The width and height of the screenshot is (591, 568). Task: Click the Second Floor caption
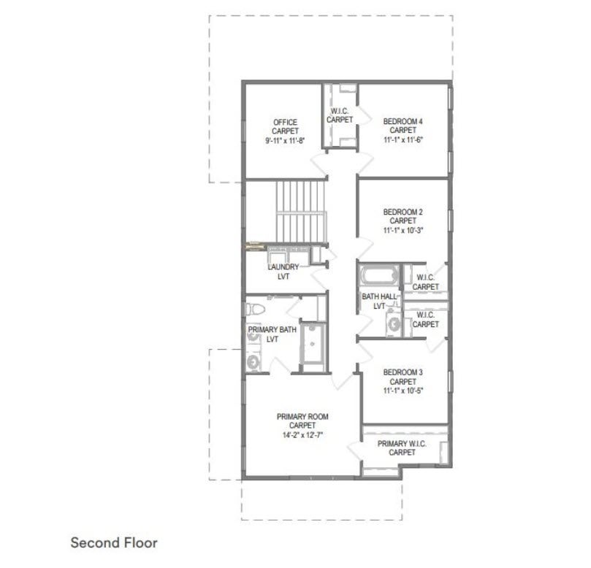tap(114, 542)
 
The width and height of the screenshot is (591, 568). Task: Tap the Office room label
tap(285, 123)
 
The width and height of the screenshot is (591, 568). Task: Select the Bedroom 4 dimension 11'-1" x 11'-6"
tap(403, 139)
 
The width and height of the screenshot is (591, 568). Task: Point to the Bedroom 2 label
tap(403, 212)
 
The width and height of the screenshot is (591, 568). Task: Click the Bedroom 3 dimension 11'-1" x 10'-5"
tap(403, 391)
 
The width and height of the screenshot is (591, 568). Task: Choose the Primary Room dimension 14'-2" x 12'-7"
tap(302, 435)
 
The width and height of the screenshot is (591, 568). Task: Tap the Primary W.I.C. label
tap(402, 444)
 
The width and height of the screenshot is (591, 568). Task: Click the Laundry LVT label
tap(283, 272)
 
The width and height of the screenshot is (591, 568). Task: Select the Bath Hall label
tap(379, 296)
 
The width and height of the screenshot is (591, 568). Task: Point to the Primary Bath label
tap(272, 329)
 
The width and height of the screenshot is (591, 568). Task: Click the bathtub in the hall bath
tap(380, 275)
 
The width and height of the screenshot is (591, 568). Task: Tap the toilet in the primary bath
tap(255, 310)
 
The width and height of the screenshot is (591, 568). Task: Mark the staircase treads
tap(300, 211)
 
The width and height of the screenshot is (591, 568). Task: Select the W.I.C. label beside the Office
tap(340, 115)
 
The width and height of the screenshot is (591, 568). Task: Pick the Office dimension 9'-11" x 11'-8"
tap(285, 141)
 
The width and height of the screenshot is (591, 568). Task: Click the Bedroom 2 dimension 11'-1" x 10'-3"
tap(403, 230)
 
